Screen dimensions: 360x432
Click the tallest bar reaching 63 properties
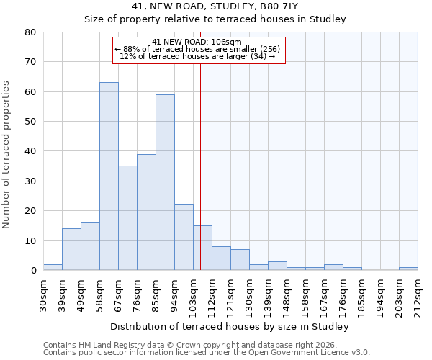pyautogui.click(x=109, y=176)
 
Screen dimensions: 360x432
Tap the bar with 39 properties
pyautogui.click(x=146, y=212)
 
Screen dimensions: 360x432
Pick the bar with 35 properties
pyautogui.click(x=127, y=218)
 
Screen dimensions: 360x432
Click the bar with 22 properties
pyautogui.click(x=184, y=238)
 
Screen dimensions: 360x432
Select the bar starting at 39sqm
pyautogui.click(x=71, y=249)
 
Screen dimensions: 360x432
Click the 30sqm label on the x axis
pyautogui.click(x=43, y=293)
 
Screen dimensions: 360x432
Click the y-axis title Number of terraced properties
pyautogui.click(x=6, y=154)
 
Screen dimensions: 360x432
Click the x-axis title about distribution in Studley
pyautogui.click(x=230, y=326)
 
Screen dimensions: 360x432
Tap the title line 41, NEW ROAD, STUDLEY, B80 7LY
pyautogui.click(x=215, y=6)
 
